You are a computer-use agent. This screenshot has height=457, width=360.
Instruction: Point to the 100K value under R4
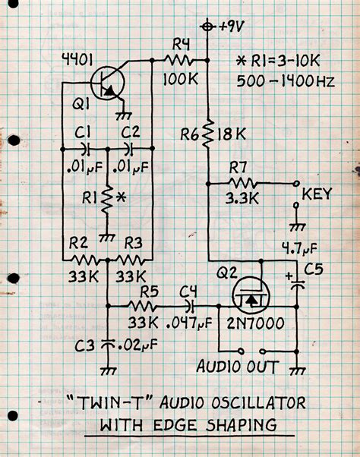[182, 78]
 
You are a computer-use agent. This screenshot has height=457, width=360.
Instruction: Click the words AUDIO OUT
[238, 367]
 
